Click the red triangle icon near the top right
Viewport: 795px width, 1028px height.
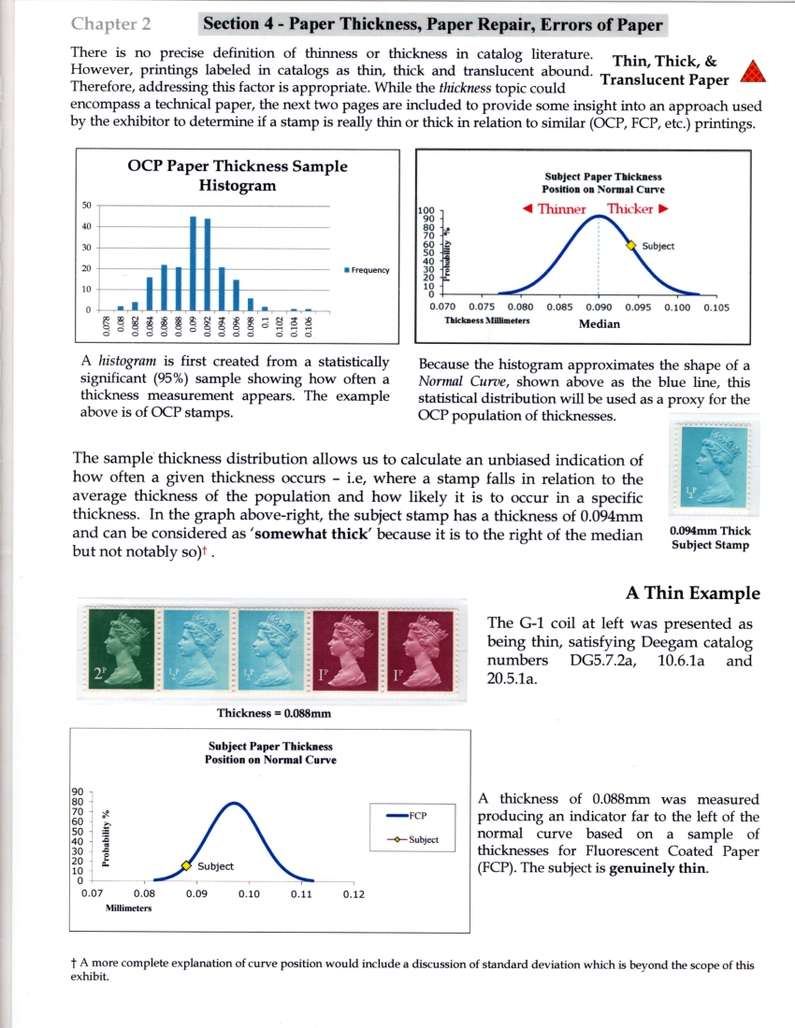[x=752, y=71]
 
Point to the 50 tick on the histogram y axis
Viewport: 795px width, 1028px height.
[x=87, y=205]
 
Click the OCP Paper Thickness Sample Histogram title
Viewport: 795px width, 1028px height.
[x=237, y=175]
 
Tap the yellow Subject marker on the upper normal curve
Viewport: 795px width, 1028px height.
[x=630, y=245]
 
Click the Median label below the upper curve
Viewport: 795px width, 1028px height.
[x=599, y=324]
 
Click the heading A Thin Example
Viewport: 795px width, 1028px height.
[x=692, y=593]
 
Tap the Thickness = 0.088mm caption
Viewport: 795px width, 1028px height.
[x=271, y=713]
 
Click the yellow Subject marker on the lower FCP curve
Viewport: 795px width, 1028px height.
[x=185, y=866]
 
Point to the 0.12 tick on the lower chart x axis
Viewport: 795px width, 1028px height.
[x=353, y=894]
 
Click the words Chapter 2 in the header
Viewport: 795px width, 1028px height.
[x=110, y=23]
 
